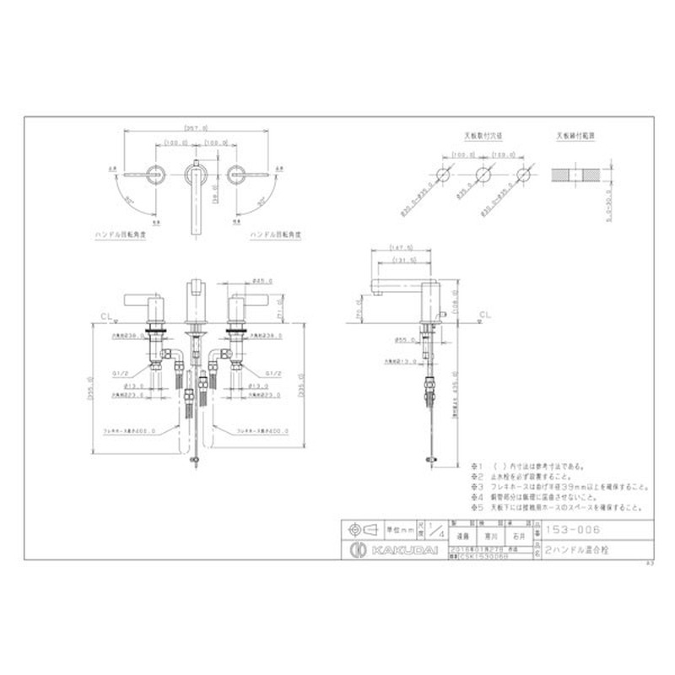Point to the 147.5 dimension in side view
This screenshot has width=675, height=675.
[x=401, y=248]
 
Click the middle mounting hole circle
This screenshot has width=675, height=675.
[x=483, y=175]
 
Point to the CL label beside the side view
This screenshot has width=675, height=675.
[x=483, y=315]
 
